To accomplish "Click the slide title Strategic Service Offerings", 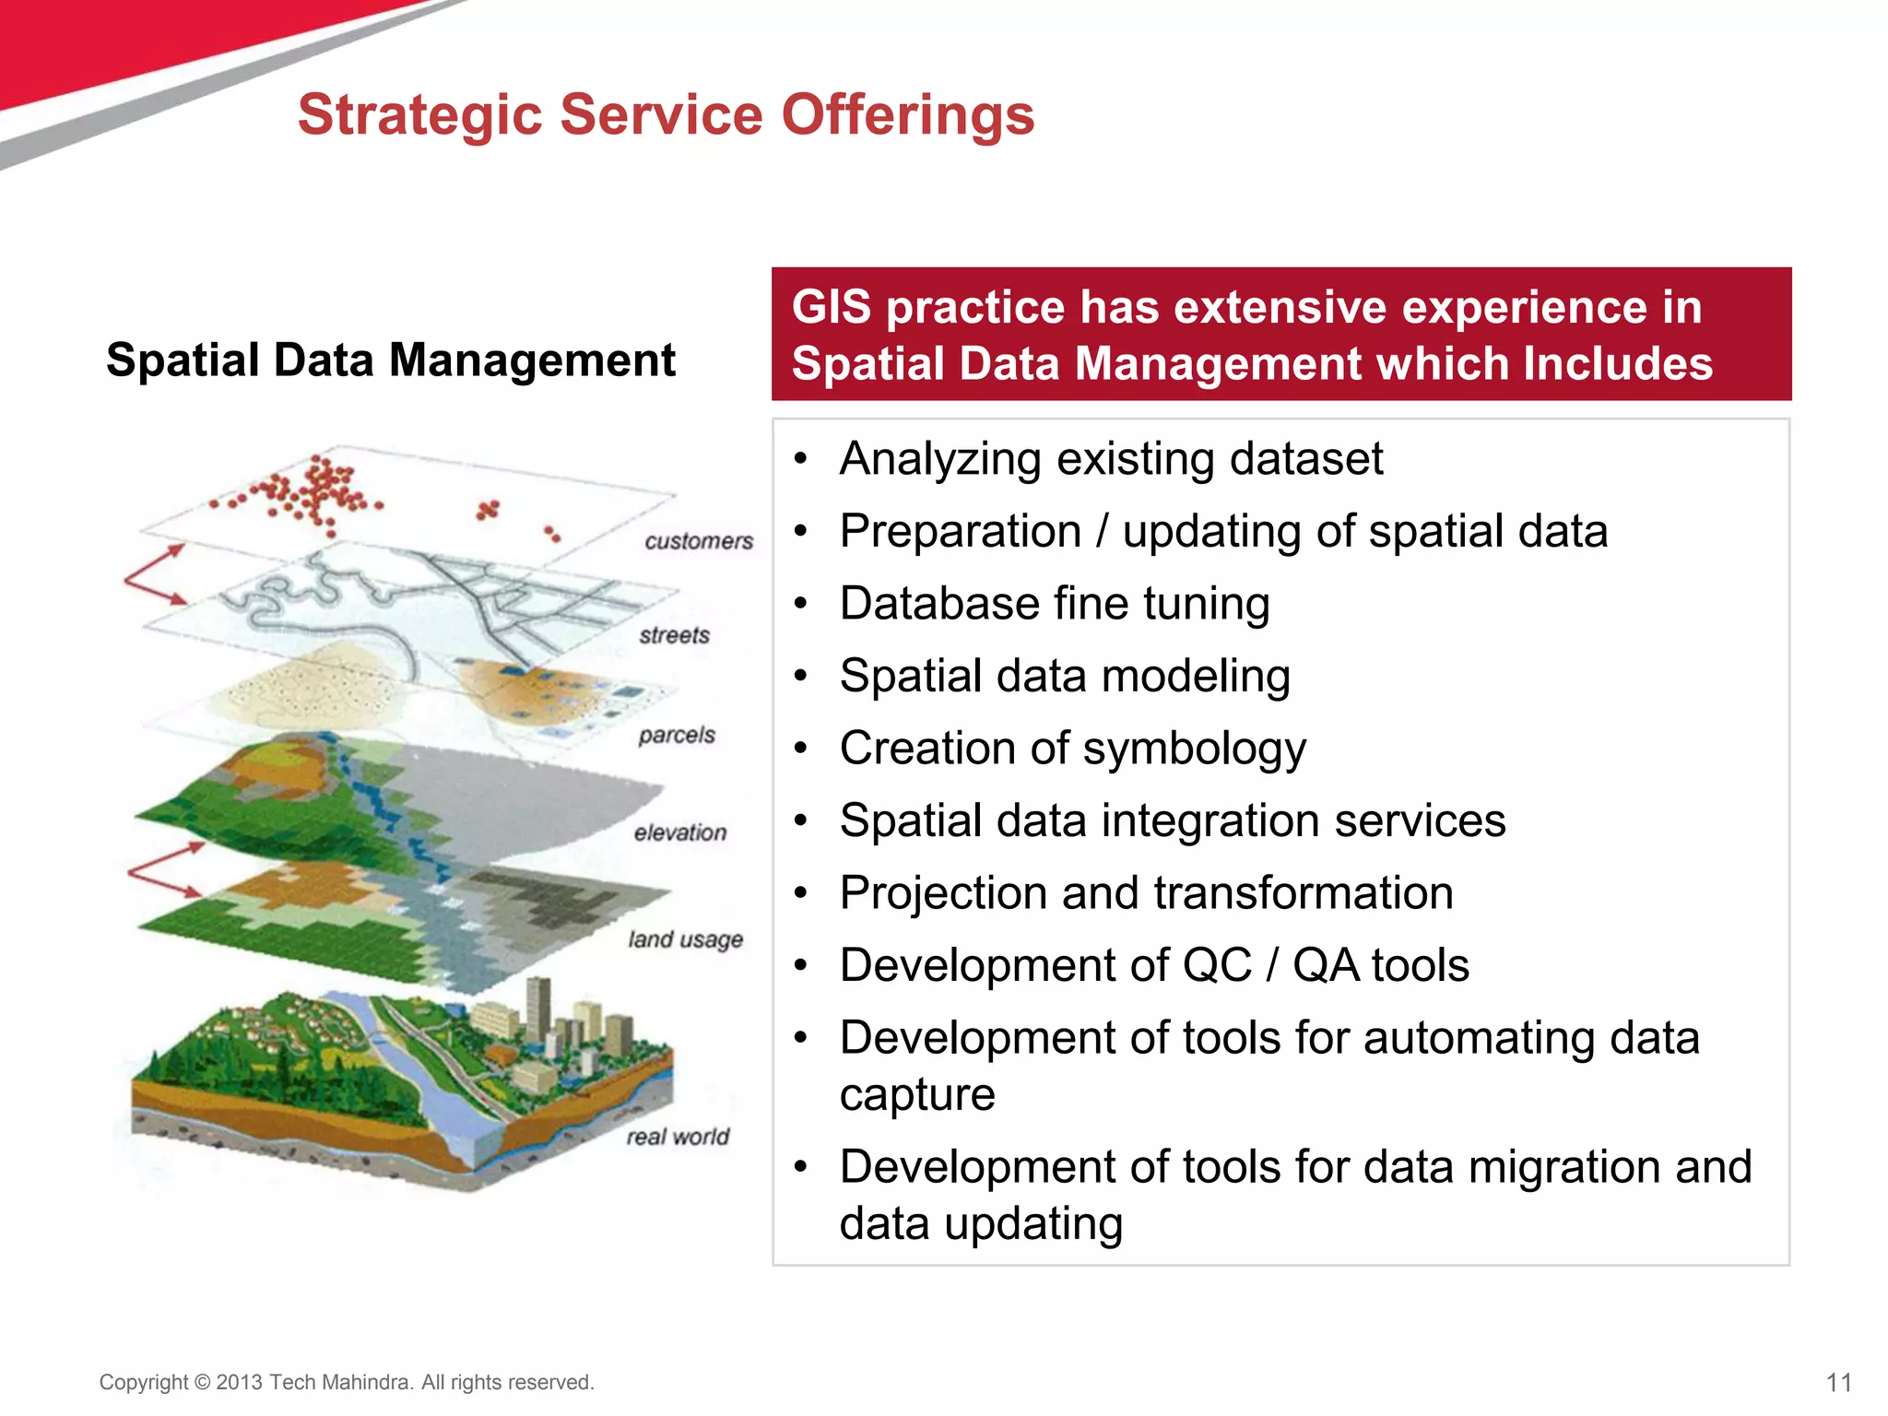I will pos(666,115).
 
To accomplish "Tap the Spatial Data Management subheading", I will pos(391,360).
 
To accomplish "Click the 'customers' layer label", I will pos(698,541).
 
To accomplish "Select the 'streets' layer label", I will pos(674,635).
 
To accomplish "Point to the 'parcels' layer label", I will pos(676,735).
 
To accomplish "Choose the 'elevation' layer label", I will pos(679,832).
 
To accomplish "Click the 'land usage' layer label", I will pos(685,939).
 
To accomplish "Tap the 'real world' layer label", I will pos(678,1137).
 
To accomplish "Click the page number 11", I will pos(1838,1383).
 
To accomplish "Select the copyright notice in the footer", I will pos(347,1382).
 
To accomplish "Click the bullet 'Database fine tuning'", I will pos(1055,604).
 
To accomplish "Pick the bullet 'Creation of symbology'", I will pos(1072,749).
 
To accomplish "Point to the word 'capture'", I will pos(917,1094).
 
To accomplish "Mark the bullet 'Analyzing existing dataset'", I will pos(1111,459).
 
